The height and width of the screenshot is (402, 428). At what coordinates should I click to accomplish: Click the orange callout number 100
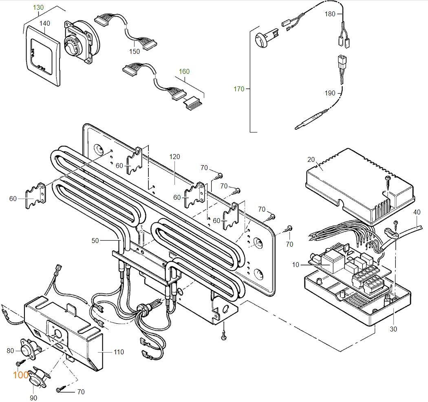pos(20,375)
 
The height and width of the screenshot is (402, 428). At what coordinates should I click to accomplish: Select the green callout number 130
pos(38,8)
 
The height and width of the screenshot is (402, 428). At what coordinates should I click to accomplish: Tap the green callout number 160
pos(184,72)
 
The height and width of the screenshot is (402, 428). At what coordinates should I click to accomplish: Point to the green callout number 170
pos(239,89)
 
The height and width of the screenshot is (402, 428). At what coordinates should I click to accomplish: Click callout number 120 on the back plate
pos(174,157)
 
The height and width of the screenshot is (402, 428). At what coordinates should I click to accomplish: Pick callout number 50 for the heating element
pos(95,241)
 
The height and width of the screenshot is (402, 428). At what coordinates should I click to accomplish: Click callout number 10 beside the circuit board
pos(296,265)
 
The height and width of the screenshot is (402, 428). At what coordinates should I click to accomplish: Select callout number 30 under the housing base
pos(393,329)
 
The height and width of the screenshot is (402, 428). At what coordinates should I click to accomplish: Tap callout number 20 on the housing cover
pos(311,159)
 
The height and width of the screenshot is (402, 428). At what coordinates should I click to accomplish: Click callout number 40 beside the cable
pos(417,212)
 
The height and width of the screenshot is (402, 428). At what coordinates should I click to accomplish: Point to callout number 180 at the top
pos(330,14)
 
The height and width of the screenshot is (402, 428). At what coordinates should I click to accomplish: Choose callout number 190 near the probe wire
pos(330,93)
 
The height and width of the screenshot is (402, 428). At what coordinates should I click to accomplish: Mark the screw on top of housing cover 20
pos(388,178)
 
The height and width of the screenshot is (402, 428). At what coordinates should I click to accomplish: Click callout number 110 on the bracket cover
pos(119,352)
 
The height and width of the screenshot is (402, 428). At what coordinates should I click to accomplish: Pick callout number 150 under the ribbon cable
pos(135,51)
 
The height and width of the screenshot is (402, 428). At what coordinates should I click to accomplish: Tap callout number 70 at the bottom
pos(81,392)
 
